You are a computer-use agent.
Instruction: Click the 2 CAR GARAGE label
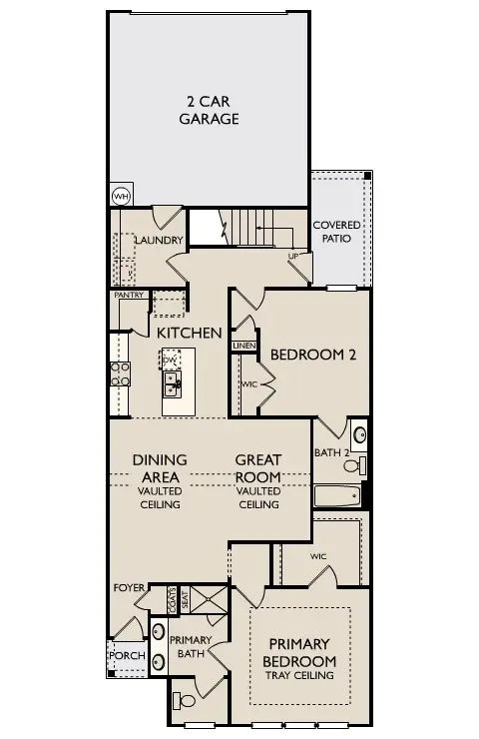[209, 110]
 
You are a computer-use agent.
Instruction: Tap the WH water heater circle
[121, 196]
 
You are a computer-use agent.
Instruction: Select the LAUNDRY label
[159, 241]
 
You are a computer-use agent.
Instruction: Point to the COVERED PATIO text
[337, 233]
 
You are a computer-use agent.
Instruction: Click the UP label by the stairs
[293, 256]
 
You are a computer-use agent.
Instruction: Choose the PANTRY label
[130, 295]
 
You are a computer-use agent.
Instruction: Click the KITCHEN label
[189, 333]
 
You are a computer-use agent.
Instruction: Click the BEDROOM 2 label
[314, 354]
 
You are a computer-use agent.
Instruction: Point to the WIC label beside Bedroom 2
[248, 384]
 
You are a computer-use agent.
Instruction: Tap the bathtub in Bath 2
[337, 495]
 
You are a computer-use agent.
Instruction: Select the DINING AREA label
[160, 468]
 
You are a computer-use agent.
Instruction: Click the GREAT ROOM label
[258, 468]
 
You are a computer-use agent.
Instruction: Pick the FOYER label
[129, 587]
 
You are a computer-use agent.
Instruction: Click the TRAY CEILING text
[299, 676]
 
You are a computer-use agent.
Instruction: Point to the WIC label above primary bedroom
[319, 556]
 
